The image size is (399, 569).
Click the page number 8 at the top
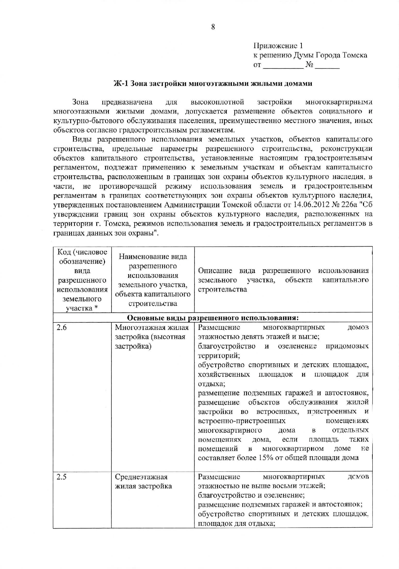[x=213, y=27]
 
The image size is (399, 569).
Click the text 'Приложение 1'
[x=278, y=46]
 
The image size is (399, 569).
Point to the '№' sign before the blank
[x=309, y=65]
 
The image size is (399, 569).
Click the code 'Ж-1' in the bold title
[x=121, y=83]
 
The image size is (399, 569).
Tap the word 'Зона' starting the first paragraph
[x=80, y=102]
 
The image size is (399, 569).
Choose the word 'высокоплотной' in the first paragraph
[x=217, y=102]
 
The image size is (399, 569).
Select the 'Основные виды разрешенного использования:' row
[x=213, y=317]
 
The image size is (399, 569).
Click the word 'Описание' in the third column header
[x=215, y=271]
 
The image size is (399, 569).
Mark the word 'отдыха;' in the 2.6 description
[x=211, y=384]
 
